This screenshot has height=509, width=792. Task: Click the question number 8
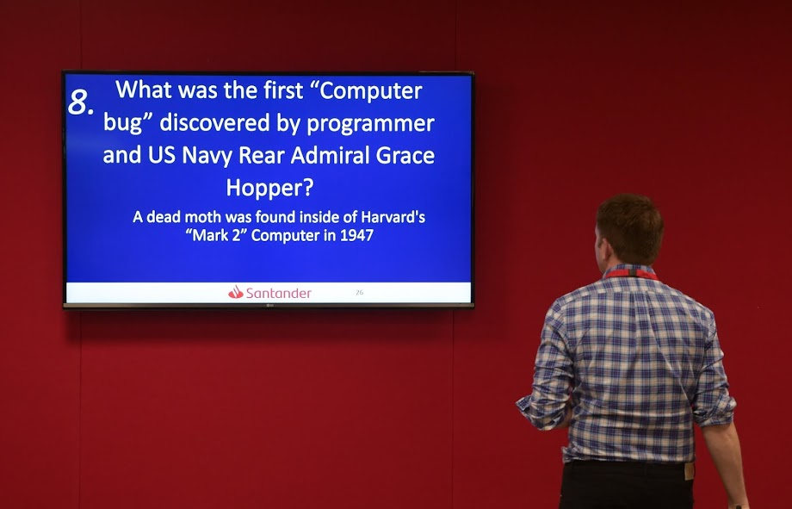80,102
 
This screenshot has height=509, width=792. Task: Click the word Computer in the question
371,91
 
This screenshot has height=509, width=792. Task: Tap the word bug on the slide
122,123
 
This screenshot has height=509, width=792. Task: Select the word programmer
370,124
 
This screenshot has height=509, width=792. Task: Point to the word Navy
207,155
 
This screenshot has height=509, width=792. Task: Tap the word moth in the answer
203,217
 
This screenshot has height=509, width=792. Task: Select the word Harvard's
393,217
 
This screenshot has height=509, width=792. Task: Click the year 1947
356,235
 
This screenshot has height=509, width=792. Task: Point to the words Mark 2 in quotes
216,235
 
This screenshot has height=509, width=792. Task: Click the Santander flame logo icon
235,292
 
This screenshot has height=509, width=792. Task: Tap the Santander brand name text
278,293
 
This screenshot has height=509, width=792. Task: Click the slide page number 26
360,292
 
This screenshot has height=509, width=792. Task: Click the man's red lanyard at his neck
631,274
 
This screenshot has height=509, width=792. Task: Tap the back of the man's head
630,228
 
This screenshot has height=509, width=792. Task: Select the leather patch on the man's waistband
689,471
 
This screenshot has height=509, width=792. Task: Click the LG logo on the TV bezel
269,305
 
